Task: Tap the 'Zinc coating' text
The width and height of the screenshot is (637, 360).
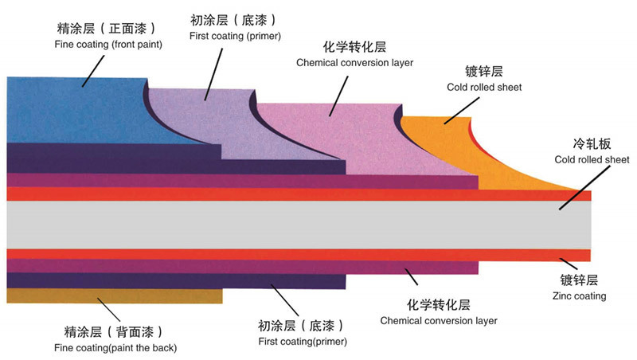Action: (x=579, y=296)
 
